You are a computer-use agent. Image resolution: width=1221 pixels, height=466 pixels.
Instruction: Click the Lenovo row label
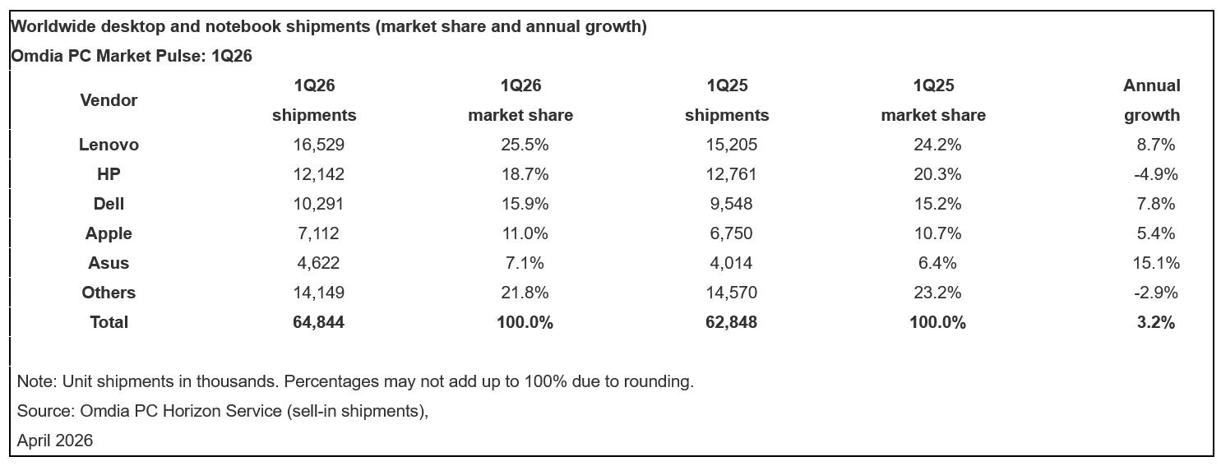coord(109,145)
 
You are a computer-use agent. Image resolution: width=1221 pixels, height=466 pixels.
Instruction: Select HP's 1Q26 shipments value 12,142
coord(318,174)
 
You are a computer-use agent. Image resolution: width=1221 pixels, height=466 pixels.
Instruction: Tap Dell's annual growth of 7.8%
coord(1155,204)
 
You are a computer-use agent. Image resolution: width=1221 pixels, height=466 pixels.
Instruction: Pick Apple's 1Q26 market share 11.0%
coord(524,233)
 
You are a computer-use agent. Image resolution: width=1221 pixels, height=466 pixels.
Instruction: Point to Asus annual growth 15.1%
coord(1155,263)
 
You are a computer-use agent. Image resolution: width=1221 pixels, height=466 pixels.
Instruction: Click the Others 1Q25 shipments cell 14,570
coord(731,293)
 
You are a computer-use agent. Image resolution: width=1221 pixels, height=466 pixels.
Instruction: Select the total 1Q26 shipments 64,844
coord(318,322)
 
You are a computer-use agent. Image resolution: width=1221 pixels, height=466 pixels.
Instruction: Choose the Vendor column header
coord(109,100)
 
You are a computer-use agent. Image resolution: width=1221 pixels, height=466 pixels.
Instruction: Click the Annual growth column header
coord(1152,100)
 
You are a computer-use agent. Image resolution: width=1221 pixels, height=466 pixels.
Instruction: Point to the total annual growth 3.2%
coord(1155,322)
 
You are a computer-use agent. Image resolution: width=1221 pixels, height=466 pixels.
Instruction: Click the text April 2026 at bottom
coord(55,441)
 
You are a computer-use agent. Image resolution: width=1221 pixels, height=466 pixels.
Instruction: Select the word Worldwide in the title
coord(52,26)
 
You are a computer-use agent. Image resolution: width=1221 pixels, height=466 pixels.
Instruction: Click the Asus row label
coord(109,263)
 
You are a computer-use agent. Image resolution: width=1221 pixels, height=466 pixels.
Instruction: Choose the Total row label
coord(109,322)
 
